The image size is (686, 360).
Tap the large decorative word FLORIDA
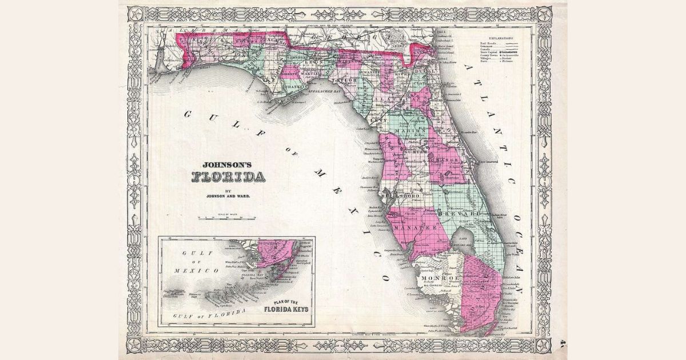tap(228, 176)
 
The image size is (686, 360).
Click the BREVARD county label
tap(470, 213)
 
